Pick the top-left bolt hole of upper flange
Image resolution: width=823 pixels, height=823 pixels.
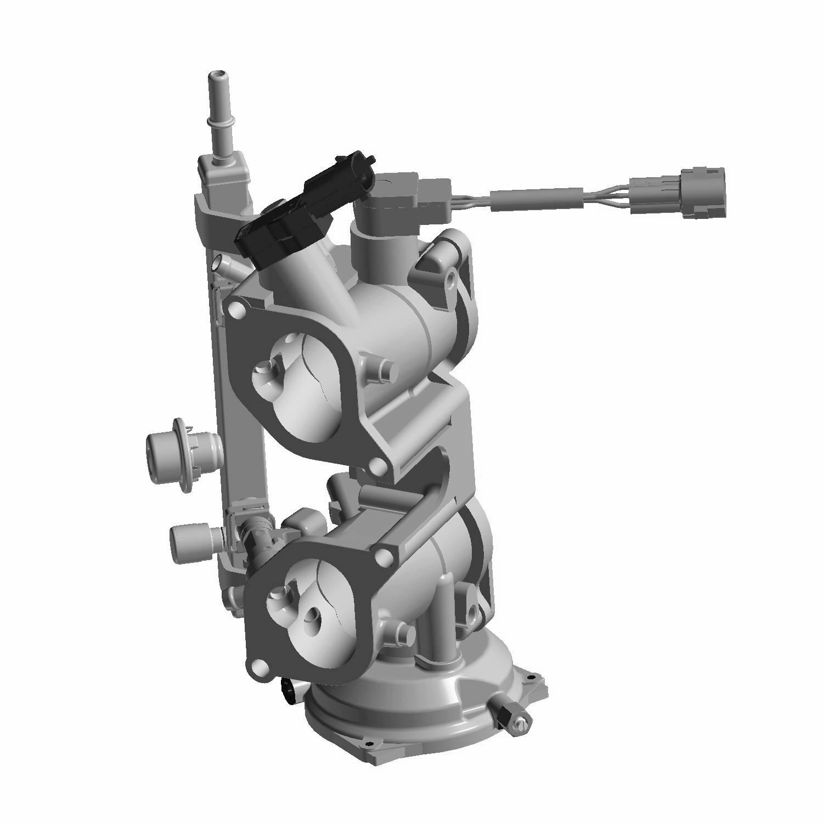(237, 311)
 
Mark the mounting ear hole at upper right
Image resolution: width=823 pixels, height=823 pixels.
(451, 281)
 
